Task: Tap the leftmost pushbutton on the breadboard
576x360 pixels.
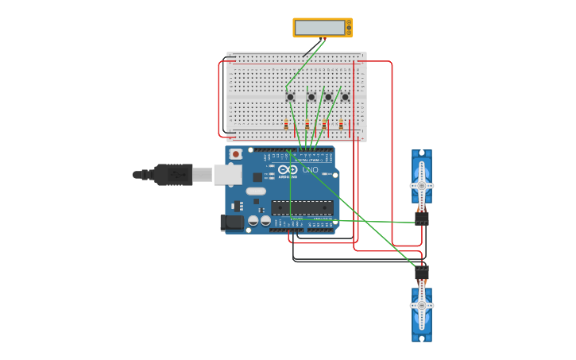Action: pos(290,97)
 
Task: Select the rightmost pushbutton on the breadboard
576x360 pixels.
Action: pos(345,97)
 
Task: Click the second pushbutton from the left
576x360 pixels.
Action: pos(311,97)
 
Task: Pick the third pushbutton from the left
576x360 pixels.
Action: pos(328,97)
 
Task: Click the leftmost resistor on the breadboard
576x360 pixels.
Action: pos(286,123)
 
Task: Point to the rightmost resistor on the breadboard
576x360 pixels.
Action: pos(341,123)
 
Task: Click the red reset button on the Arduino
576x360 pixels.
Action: pos(235,153)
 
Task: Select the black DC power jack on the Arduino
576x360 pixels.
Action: pos(231,223)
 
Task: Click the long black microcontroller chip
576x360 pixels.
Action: pos(302,207)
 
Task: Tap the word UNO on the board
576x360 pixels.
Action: pos(310,170)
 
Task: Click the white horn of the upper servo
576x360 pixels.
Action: pos(422,185)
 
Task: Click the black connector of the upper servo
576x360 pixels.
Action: pos(422,217)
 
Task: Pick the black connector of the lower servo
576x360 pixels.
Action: pos(422,273)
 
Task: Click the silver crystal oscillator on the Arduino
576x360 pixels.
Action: pos(255,191)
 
